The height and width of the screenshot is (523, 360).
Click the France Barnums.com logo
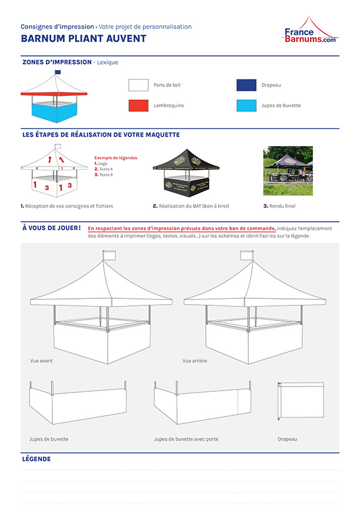310,31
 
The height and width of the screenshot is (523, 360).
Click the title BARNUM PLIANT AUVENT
84,39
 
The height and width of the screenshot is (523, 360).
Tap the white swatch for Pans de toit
138,85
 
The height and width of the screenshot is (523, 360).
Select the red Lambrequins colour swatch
138,106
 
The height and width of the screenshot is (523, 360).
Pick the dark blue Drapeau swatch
246,85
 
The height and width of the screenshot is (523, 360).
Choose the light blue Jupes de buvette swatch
246,106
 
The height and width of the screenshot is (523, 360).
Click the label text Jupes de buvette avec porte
186,439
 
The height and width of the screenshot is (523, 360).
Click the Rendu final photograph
288,171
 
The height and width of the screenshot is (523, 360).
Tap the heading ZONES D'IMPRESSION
56,62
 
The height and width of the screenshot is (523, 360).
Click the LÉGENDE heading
36,459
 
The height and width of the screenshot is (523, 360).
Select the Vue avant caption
41,361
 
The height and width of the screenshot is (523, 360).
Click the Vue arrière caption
195,361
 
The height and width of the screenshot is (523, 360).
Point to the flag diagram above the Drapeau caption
301,399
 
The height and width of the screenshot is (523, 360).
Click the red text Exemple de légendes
116,158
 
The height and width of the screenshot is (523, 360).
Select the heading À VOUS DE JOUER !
51,228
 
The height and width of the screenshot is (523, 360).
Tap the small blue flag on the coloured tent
58,72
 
